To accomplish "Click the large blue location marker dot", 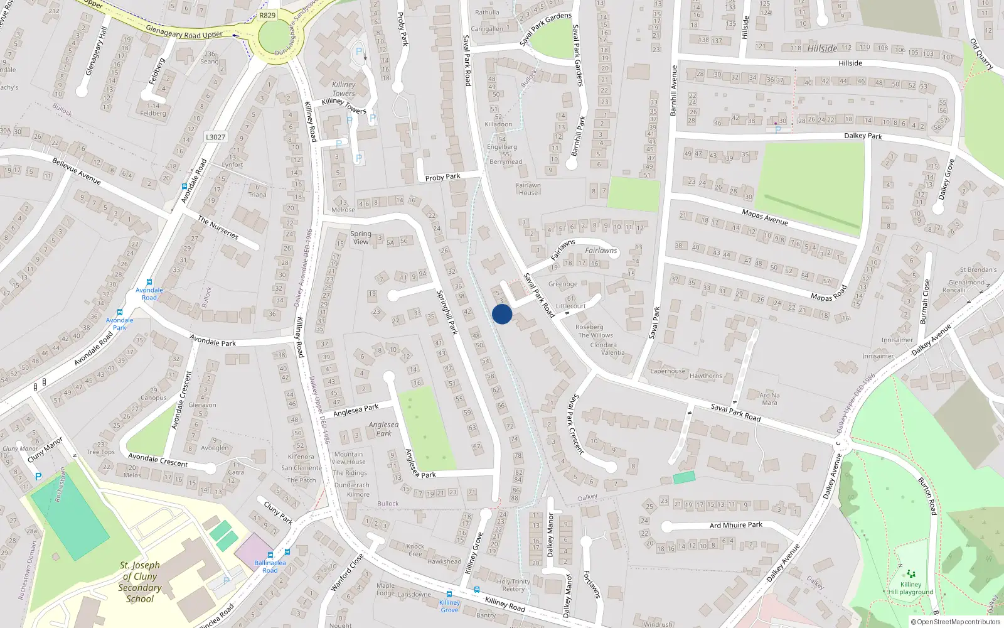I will click(502, 314).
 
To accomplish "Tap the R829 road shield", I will click(267, 15).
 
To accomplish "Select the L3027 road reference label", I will click(215, 137).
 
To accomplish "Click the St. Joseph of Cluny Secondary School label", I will click(140, 582).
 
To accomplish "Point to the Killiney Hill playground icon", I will click(911, 573).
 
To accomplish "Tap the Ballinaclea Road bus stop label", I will click(270, 566).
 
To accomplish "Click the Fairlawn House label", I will click(528, 189).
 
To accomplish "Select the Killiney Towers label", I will click(343, 89).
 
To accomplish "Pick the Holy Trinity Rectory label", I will click(513, 585).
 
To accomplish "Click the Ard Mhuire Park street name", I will click(736, 525).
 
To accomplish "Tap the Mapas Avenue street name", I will click(764, 217).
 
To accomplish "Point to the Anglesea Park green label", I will click(383, 429).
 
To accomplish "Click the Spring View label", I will click(361, 237).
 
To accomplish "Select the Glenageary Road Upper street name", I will click(184, 32).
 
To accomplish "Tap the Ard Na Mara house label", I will click(769, 399).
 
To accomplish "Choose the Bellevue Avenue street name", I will click(77, 171).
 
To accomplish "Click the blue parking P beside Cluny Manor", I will click(38, 477).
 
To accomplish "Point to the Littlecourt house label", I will click(570, 306).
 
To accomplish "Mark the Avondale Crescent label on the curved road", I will click(158, 460).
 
